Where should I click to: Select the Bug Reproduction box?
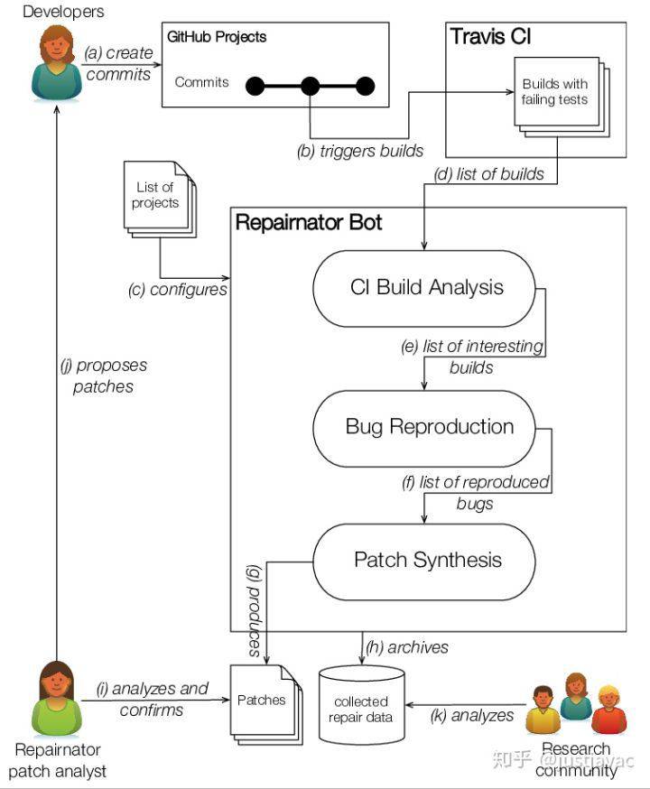(x=430, y=427)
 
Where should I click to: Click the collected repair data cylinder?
(x=361, y=708)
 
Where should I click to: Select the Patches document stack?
(x=264, y=702)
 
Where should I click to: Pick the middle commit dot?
(x=311, y=87)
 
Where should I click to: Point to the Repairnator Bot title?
(x=309, y=222)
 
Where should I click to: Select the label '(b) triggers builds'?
(x=359, y=151)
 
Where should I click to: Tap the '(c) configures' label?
(x=177, y=290)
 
